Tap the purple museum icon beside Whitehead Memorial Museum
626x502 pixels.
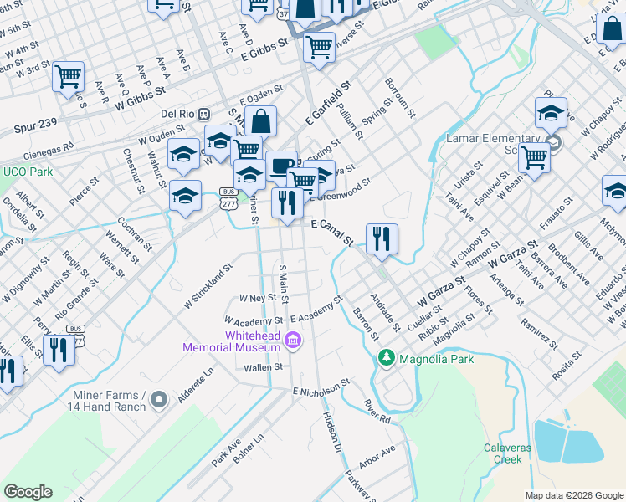point(293,340)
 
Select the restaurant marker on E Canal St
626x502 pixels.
point(382,238)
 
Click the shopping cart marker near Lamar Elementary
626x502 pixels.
point(534,156)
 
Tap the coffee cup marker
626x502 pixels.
point(281,165)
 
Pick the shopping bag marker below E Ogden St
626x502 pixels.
point(261,120)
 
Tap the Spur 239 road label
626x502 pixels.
point(36,123)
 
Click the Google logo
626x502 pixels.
point(28,492)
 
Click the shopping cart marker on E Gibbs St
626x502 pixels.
point(319,48)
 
